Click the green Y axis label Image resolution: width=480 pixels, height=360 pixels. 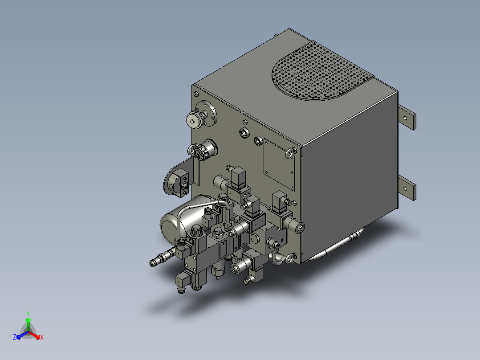coord(28,313)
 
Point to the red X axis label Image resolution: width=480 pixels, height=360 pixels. coord(42,337)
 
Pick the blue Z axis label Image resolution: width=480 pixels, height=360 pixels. coord(14,337)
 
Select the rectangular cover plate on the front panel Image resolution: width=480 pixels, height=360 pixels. coord(279,164)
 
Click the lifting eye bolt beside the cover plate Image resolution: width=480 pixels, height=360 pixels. coord(290,152)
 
